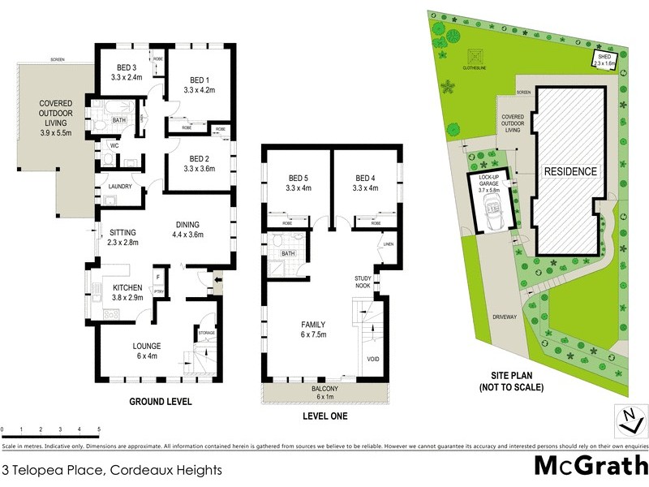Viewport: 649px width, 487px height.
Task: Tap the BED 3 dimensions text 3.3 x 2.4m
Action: (127, 78)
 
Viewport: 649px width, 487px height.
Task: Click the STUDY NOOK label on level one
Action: (363, 282)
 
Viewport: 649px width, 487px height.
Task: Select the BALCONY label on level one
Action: (324, 389)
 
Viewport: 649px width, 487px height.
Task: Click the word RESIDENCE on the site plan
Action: (570, 171)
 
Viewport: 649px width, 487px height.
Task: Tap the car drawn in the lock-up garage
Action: (491, 214)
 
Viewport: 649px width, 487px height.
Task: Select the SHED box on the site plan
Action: (605, 58)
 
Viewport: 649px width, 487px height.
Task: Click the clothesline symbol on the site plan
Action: (475, 56)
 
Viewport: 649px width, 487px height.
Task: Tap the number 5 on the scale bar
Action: (99, 429)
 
